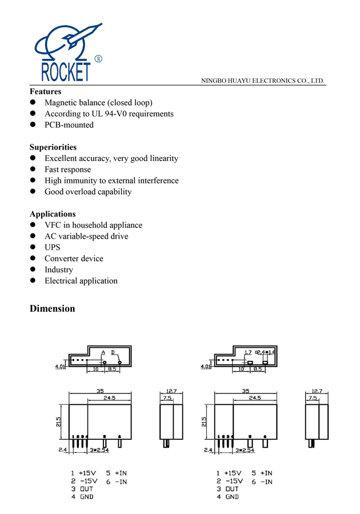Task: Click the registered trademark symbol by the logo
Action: tap(98, 59)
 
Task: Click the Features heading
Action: tap(45, 91)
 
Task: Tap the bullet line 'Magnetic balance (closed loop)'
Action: tap(98, 103)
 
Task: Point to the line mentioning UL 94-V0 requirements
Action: tap(109, 114)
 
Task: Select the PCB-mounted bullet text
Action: tap(69, 125)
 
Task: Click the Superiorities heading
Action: tap(53, 147)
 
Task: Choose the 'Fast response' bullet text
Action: tap(67, 170)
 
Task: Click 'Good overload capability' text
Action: tap(88, 192)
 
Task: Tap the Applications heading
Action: tap(53, 214)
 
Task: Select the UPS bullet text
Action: tap(53, 247)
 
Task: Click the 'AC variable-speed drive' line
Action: tap(86, 236)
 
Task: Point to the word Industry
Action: tap(59, 270)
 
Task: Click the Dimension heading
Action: tap(52, 308)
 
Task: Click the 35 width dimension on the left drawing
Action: tap(101, 391)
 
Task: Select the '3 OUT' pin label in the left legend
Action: tap(82, 489)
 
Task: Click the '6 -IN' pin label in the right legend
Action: tap(262, 482)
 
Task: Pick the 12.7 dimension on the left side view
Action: tap(171, 391)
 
